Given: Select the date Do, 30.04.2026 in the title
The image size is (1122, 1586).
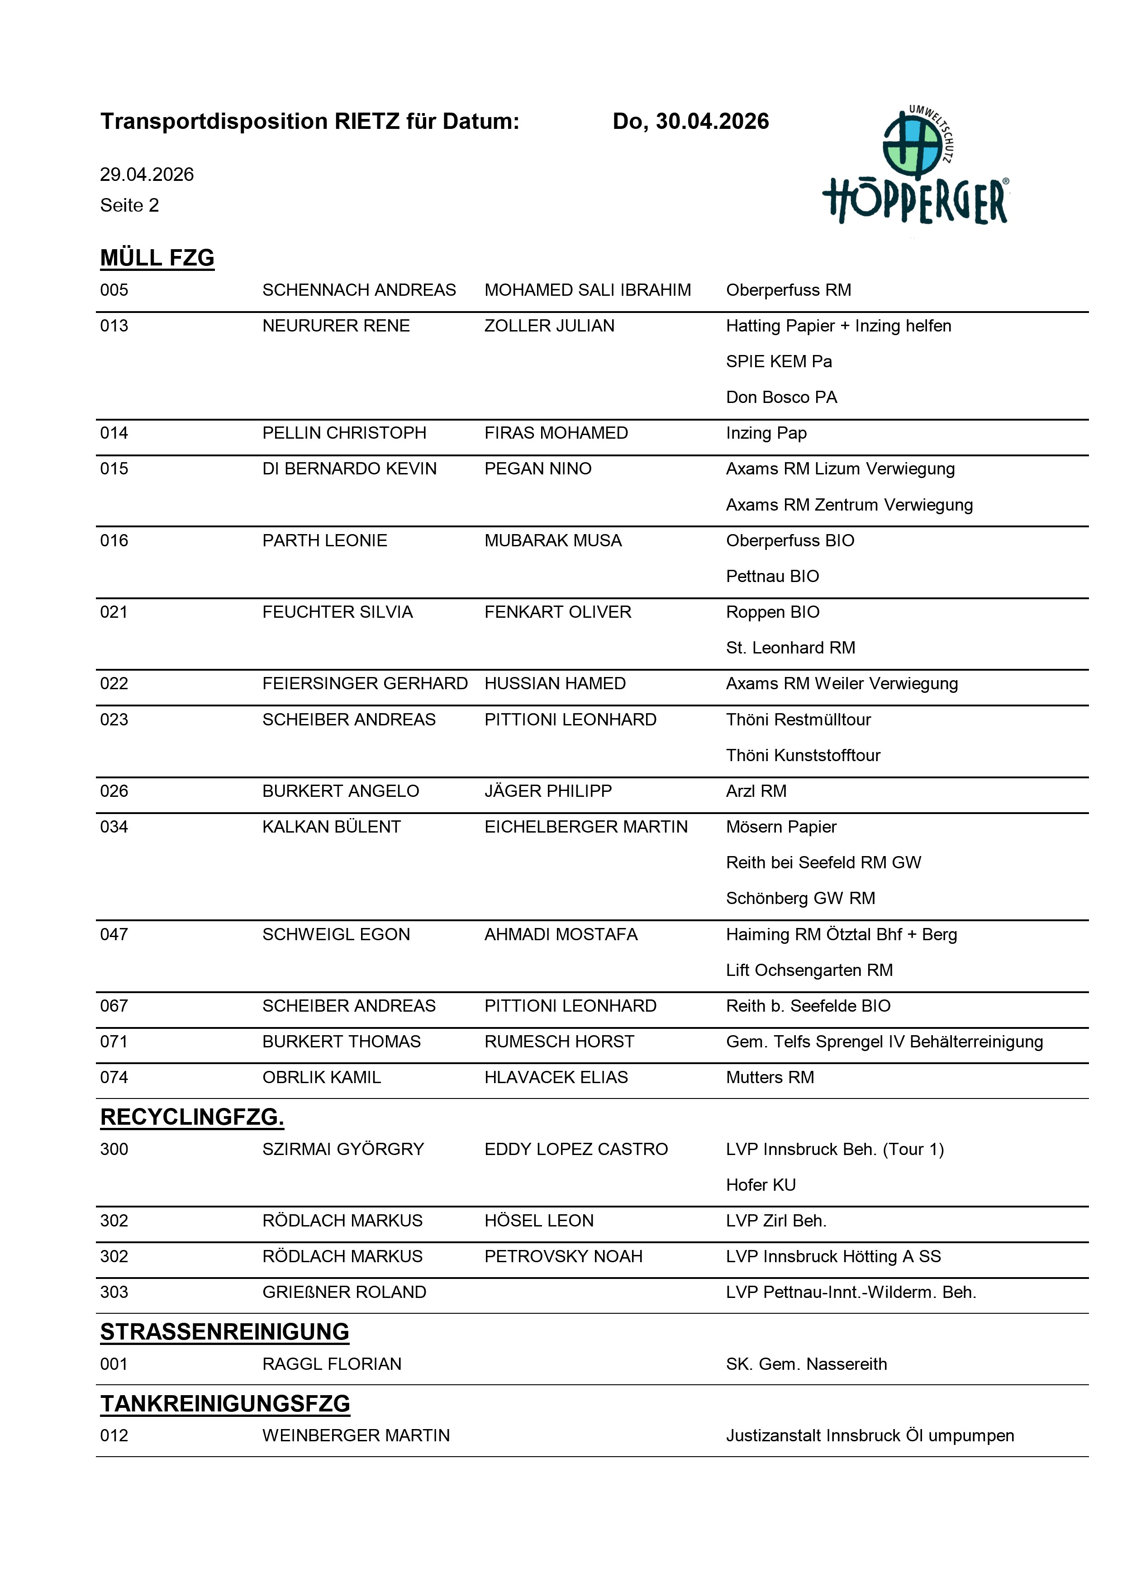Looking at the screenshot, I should (x=690, y=122).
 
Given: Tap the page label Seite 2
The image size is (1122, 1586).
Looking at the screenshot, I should (x=129, y=205).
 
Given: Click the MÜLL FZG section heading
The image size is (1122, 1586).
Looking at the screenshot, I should (x=157, y=258).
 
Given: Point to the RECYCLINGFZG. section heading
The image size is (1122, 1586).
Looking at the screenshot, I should (x=192, y=1117).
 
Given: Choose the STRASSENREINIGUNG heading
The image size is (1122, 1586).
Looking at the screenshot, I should (x=224, y=1332).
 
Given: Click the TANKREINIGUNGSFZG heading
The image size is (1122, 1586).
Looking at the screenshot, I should (x=225, y=1404).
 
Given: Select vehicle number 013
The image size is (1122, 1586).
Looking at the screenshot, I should (x=114, y=326).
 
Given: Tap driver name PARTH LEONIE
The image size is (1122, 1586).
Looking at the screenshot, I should (x=325, y=541).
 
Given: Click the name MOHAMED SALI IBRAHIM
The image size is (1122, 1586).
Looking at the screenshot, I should (x=587, y=290).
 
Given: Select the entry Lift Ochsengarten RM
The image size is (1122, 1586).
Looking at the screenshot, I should (x=809, y=970).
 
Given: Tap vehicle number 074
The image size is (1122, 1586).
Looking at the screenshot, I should (x=114, y=1078).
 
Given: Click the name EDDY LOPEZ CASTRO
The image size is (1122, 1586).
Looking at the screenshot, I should (x=576, y=1150).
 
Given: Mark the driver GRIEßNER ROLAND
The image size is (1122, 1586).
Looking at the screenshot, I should (x=344, y=1292).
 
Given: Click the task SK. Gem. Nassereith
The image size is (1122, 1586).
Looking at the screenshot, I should (x=806, y=1364).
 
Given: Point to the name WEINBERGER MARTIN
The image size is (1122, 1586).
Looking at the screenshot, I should (x=356, y=1436).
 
